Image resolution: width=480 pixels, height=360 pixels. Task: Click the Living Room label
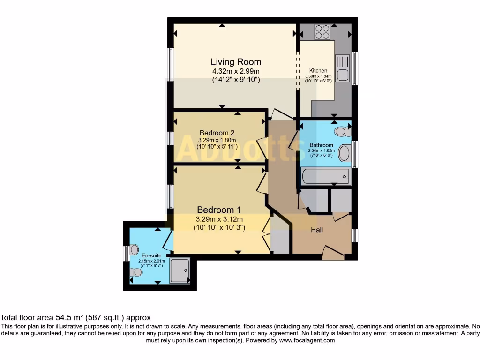(x=236, y=62)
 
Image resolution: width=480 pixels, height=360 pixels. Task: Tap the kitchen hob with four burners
(x=322, y=32)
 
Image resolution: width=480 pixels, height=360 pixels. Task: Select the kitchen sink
(x=342, y=68)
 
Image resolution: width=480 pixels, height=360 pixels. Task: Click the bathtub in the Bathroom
(x=325, y=177)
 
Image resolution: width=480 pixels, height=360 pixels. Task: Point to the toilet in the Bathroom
(x=342, y=131)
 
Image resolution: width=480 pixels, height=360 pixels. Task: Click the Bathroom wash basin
(x=345, y=153)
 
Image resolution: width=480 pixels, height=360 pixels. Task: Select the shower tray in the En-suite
(x=180, y=270)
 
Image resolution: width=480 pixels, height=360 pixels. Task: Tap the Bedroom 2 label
(x=217, y=132)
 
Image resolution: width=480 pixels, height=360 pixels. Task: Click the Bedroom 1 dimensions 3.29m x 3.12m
(x=219, y=219)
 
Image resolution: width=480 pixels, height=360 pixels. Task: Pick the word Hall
(x=317, y=230)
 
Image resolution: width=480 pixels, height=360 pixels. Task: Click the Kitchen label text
(x=318, y=71)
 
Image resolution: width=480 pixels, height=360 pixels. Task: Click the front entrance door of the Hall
(x=334, y=253)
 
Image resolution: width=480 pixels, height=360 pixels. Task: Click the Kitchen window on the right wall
(x=355, y=68)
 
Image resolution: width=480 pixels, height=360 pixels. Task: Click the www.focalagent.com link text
(x=307, y=340)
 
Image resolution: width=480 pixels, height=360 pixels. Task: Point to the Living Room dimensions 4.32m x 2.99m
(x=236, y=71)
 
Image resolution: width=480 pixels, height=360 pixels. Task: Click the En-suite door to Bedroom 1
(x=168, y=240)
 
